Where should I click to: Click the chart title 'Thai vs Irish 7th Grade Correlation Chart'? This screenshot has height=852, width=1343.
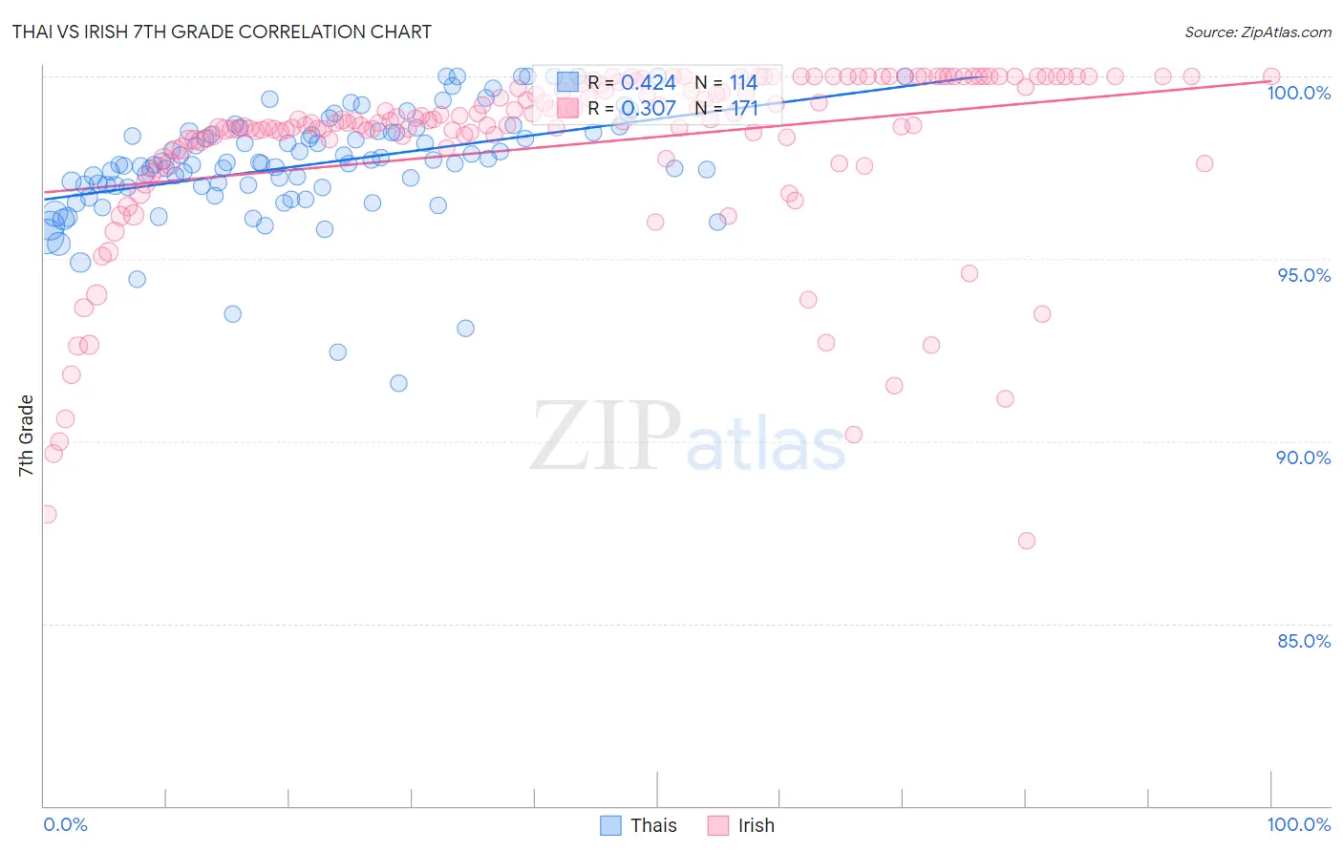tap(222, 32)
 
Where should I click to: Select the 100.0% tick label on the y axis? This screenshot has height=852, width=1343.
tap(1298, 93)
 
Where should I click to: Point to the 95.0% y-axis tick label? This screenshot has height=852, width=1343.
tap(1304, 275)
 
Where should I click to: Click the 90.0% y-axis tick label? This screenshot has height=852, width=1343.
tap(1304, 458)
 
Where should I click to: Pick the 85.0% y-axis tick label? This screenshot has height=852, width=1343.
tap(1304, 641)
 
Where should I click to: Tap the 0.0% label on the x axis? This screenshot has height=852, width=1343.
tap(65, 824)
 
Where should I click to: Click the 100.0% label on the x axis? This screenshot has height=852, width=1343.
tap(1298, 824)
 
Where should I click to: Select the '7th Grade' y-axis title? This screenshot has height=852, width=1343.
tap(26, 436)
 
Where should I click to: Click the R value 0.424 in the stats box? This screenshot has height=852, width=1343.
tap(649, 83)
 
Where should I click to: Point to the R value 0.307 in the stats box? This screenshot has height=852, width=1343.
tap(649, 109)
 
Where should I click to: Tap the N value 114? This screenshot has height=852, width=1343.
tap(744, 83)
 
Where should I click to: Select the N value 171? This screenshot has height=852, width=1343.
tap(744, 109)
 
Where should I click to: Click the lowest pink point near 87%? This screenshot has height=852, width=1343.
tap(1027, 541)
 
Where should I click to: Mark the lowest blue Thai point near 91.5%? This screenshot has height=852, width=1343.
tap(398, 383)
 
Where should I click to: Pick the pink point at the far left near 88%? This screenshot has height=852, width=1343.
tap(47, 514)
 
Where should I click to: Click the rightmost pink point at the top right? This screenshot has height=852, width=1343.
tap(1271, 76)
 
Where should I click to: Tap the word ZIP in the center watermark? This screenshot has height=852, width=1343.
tap(606, 437)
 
